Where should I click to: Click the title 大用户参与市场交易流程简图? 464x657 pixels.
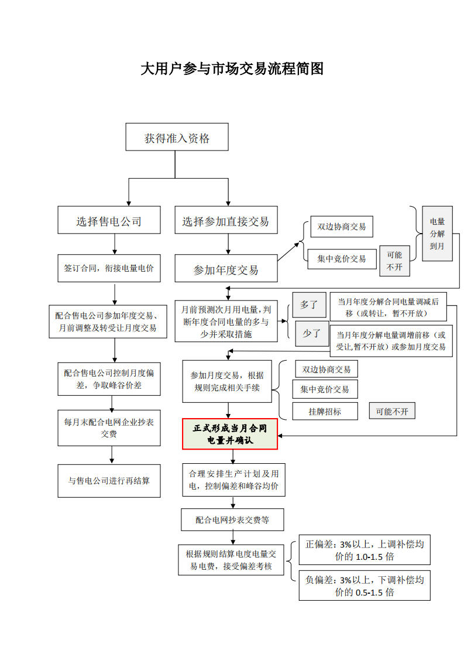232,69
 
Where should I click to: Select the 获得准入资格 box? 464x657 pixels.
177,138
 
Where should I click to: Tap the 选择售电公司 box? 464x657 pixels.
109,221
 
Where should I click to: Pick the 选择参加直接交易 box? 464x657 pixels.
226,221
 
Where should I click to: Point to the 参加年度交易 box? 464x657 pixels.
226,269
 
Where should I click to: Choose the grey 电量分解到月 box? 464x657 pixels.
437,234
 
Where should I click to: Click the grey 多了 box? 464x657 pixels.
309,304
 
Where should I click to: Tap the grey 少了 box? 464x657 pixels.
311,334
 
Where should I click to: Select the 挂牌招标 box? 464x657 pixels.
325,411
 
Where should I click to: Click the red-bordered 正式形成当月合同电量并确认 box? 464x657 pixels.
230,434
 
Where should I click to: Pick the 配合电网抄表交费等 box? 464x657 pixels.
232,519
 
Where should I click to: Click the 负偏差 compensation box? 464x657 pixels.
364,586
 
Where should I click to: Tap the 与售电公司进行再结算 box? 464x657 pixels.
109,481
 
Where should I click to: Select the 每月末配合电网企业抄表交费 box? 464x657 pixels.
109,427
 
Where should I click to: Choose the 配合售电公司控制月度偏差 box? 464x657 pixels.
109,379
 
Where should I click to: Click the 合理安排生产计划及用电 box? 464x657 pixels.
233,480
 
